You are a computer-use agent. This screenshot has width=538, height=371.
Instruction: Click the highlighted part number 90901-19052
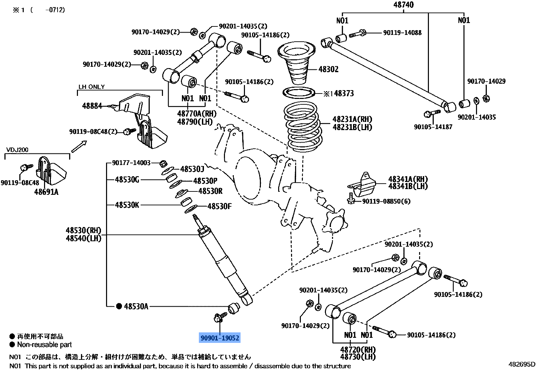click(x=220, y=338)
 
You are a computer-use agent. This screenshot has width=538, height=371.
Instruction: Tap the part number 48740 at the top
click(x=403, y=5)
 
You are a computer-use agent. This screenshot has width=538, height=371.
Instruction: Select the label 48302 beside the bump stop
click(x=328, y=69)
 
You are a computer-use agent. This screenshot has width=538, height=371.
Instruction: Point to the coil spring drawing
click(x=303, y=127)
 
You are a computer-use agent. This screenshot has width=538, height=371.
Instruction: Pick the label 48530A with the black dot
click(x=136, y=306)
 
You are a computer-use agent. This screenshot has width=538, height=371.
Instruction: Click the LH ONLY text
click(x=91, y=87)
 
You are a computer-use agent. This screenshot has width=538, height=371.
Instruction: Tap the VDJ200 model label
click(x=17, y=150)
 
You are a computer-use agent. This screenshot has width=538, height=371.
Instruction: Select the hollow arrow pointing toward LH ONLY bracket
click(x=79, y=146)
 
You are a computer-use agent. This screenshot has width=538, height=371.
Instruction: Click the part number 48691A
click(x=46, y=192)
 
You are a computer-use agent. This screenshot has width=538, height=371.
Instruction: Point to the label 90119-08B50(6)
click(x=386, y=201)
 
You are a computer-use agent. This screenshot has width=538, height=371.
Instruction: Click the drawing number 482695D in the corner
click(x=522, y=364)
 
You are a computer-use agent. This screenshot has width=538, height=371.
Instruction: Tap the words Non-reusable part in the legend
click(x=44, y=345)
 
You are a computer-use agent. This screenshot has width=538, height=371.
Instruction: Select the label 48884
click(x=92, y=106)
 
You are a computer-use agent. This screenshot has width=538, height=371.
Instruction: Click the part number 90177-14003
click(x=131, y=163)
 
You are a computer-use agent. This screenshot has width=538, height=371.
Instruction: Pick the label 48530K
click(x=127, y=205)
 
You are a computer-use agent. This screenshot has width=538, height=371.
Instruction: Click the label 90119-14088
click(x=402, y=33)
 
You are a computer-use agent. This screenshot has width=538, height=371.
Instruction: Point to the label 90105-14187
click(x=433, y=127)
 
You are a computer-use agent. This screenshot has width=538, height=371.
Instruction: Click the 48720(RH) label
click(x=358, y=349)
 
